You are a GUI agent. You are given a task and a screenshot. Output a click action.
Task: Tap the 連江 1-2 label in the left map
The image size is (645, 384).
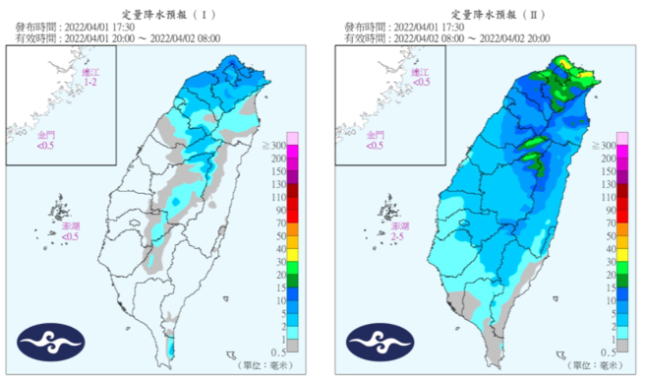point(90,80)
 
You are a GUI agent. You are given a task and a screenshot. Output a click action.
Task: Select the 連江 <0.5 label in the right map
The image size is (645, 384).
point(421,79)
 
